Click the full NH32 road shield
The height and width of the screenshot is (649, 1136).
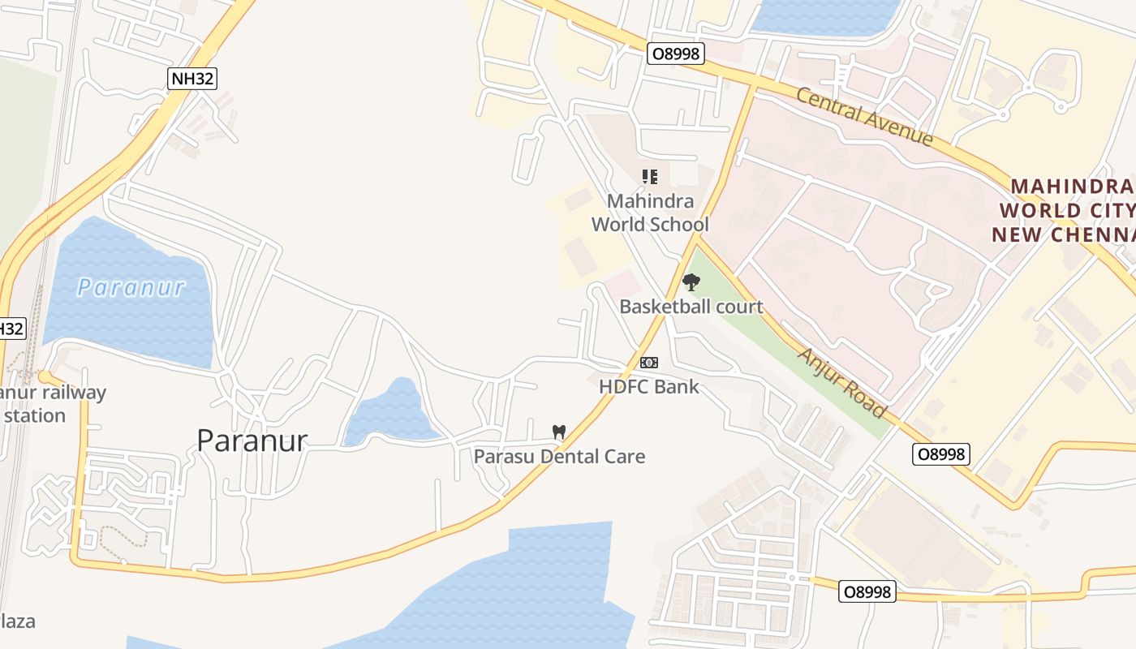tap(192, 78)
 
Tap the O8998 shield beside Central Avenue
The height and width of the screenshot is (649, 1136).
tap(676, 54)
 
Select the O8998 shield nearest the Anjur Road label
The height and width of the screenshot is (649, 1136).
tap(941, 454)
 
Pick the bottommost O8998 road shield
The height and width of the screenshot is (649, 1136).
tap(867, 592)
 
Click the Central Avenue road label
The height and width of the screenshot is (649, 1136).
tap(864, 117)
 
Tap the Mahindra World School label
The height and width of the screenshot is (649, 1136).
tap(650, 213)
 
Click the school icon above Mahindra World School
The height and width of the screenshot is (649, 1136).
tap(649, 176)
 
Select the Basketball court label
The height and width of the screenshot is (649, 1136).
tap(691, 307)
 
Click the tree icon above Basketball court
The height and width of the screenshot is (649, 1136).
tap(691, 282)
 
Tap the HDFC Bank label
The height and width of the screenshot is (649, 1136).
tap(649, 386)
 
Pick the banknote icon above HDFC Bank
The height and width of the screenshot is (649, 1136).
tap(649, 363)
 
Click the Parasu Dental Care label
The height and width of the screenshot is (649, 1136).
tap(559, 456)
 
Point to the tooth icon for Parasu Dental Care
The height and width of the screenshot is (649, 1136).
tap(558, 432)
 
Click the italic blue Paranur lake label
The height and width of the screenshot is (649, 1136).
tap(131, 287)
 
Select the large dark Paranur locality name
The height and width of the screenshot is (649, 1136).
tap(252, 441)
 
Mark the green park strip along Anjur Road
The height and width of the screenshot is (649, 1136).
tap(779, 341)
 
